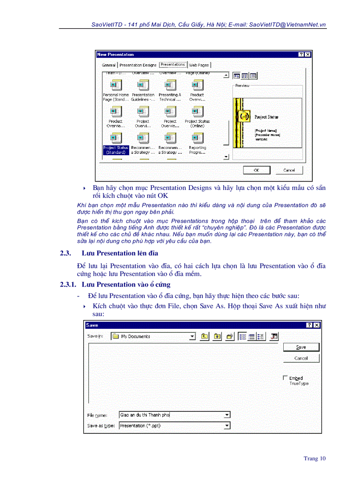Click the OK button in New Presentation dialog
pos(256,170)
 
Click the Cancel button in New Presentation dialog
pos(289,170)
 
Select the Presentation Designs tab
pos(138,65)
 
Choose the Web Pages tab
pos(199,65)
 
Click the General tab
pos(109,65)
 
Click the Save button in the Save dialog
pos(301,347)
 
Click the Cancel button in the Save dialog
pos(301,358)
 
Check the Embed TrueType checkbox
pos(285,378)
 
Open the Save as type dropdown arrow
pos(227,426)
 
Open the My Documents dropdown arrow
pos(192,337)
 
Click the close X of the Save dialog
pos(316,325)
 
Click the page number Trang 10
pos(315,458)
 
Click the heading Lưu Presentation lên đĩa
pos(120,253)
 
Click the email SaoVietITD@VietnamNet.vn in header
pos(287,25)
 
